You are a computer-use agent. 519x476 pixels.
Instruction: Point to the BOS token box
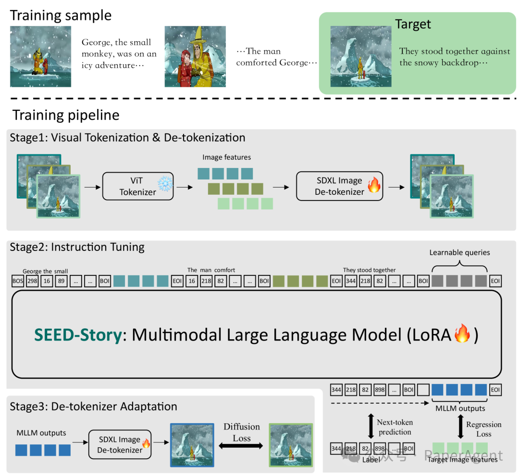[18, 281]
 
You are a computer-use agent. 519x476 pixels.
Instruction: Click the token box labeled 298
[33, 281]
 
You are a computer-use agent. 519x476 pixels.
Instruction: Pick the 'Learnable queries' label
[459, 253]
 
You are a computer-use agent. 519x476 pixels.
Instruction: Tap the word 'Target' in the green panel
[413, 24]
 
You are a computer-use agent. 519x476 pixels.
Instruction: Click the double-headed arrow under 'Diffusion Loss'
[241, 446]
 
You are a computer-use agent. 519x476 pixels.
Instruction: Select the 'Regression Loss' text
[483, 429]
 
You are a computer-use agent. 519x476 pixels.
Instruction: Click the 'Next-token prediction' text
[395, 427]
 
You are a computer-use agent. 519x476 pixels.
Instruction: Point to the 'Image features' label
[226, 157]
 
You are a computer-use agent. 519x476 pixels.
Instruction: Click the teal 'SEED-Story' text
[78, 334]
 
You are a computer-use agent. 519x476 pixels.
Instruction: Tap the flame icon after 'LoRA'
[463, 334]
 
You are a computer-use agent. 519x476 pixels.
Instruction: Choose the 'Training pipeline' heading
[66, 116]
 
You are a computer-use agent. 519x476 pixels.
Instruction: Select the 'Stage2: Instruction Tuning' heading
[77, 247]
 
